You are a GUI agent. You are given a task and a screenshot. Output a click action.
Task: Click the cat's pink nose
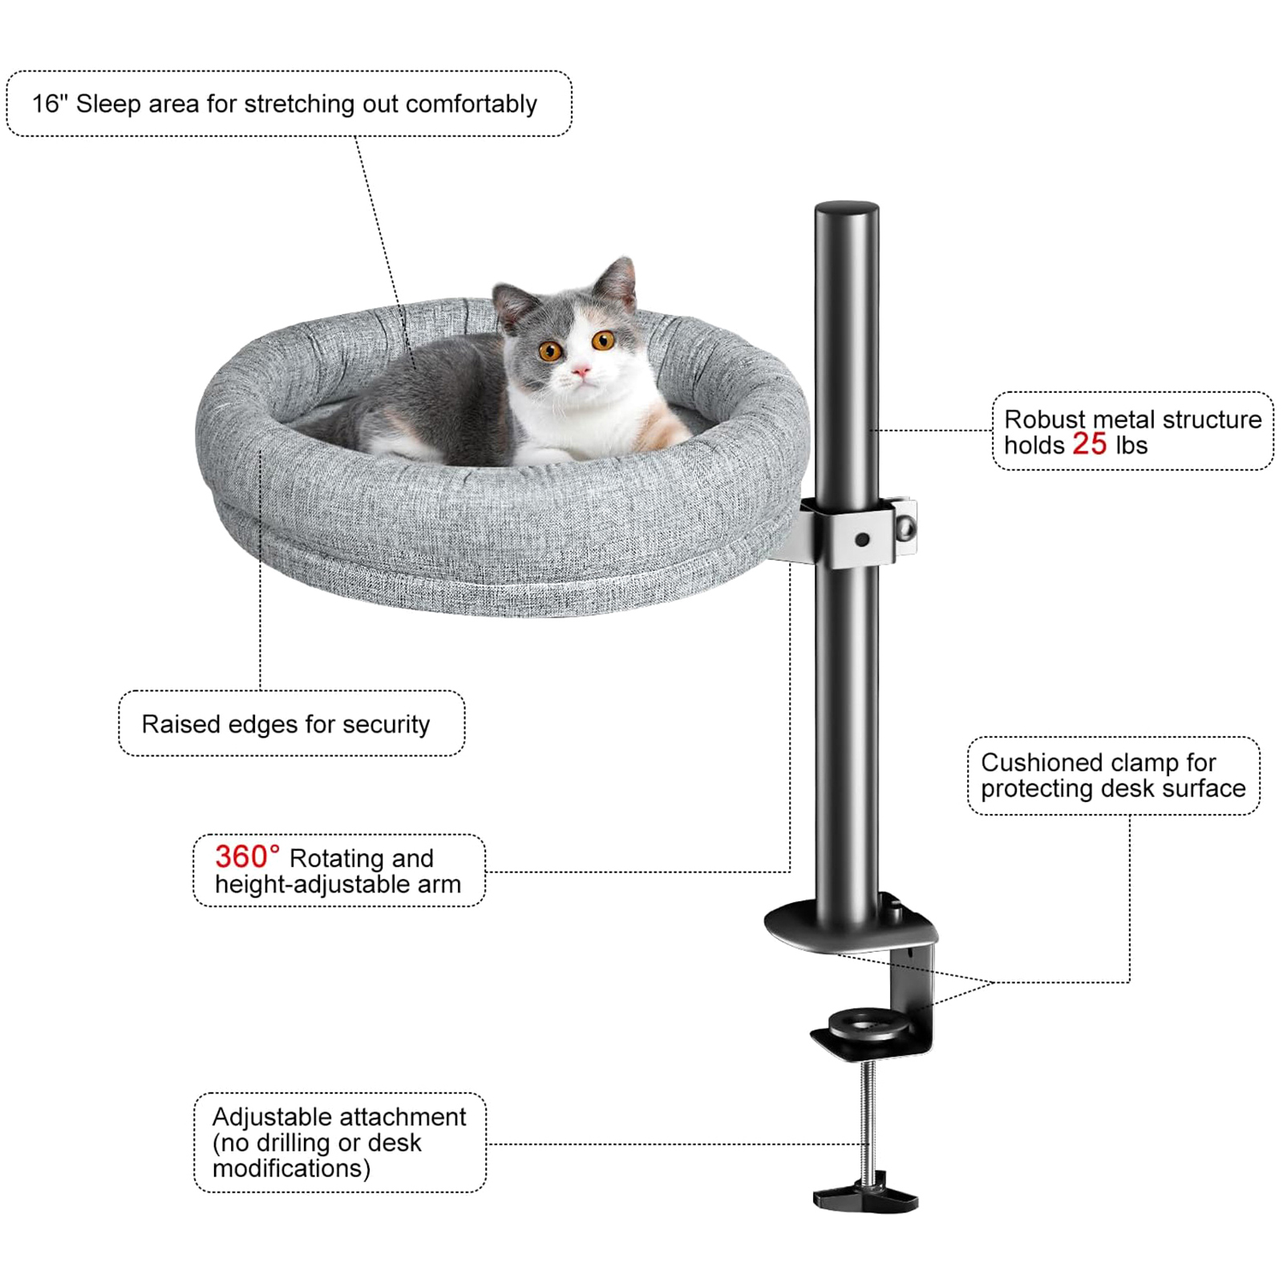[x=581, y=370]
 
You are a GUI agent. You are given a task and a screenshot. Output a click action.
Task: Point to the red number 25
[x=1089, y=443]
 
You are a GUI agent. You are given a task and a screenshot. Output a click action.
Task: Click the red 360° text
[x=247, y=856]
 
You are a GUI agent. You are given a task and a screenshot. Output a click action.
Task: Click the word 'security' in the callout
[x=386, y=725]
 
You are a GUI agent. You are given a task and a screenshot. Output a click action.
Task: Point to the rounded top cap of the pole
[x=847, y=210]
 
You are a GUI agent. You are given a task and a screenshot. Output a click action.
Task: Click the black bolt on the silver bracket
[x=862, y=540]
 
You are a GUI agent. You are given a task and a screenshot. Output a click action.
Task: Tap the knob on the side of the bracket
[x=906, y=527]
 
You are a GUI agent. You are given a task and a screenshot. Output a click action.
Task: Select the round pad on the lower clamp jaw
[x=869, y=1024]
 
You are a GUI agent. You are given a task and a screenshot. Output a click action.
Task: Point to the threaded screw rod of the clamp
[x=866, y=1119]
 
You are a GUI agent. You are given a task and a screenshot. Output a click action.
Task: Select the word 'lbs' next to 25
[x=1131, y=445]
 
